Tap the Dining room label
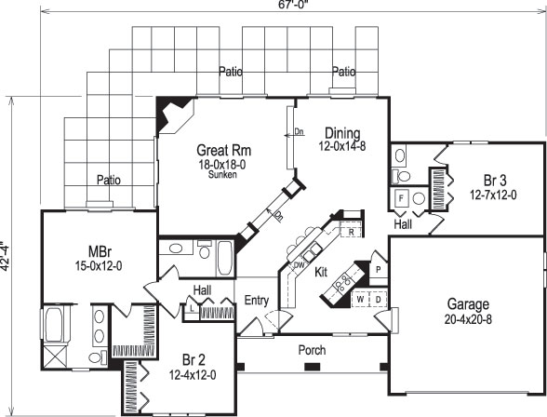341,133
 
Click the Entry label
257,300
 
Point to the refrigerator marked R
352,233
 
